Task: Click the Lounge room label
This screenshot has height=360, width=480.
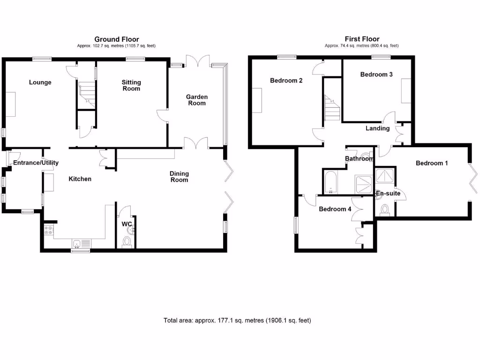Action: (x=40, y=82)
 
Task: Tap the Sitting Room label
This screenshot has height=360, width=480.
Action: (x=131, y=85)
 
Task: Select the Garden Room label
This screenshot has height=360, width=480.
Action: (x=197, y=100)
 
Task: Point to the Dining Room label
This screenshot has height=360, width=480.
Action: (x=179, y=176)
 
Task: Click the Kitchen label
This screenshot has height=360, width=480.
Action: (x=80, y=179)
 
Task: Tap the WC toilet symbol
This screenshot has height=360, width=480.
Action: (x=126, y=242)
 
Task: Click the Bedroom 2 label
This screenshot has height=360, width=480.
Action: (x=286, y=81)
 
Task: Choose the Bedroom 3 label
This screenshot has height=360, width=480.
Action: (x=376, y=75)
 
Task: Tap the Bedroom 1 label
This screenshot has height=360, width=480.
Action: (x=432, y=163)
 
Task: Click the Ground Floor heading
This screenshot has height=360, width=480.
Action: (x=117, y=39)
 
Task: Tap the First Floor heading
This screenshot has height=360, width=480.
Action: (x=361, y=39)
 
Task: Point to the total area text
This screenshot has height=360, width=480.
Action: (x=237, y=321)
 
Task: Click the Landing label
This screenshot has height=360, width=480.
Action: (x=378, y=128)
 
